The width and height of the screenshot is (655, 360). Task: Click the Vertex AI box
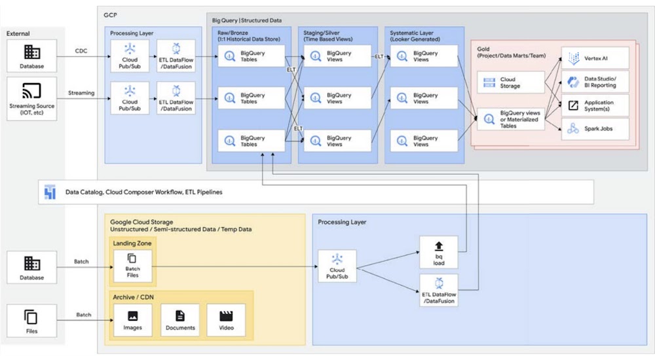click(x=595, y=58)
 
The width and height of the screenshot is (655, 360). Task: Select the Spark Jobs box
click(x=595, y=129)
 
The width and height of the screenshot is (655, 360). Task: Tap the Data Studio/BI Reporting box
click(x=595, y=81)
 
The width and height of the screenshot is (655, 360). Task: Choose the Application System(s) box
click(x=595, y=105)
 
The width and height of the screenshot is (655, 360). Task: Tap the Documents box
click(x=180, y=321)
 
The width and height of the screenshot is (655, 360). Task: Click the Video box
click(x=226, y=321)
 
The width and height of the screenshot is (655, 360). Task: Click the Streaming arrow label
click(x=81, y=93)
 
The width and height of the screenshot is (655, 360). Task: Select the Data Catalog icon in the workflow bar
click(x=50, y=192)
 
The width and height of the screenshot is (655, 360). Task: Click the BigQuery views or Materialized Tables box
click(x=511, y=120)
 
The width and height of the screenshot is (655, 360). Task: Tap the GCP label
click(x=111, y=14)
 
